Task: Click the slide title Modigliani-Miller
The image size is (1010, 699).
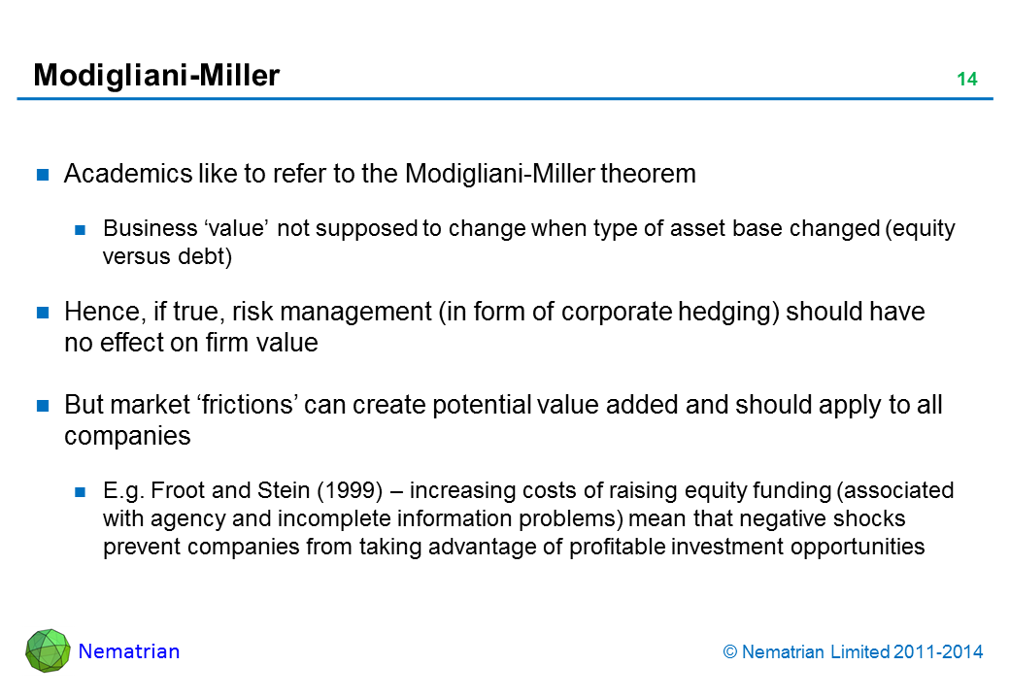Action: coord(156,76)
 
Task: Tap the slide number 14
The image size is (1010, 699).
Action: coord(967,80)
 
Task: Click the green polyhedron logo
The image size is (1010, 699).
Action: coord(48,650)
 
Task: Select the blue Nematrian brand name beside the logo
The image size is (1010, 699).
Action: coord(129,651)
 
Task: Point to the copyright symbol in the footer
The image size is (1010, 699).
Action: coord(729,652)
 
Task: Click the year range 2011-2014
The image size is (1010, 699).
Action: coord(938,652)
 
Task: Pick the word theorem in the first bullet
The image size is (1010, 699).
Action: coord(648,174)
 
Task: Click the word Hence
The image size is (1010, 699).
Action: coord(105,312)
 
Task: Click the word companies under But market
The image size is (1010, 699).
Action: coord(127,437)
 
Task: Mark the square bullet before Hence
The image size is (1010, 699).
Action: coord(43,313)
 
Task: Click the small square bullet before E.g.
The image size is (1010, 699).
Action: coord(80,492)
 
